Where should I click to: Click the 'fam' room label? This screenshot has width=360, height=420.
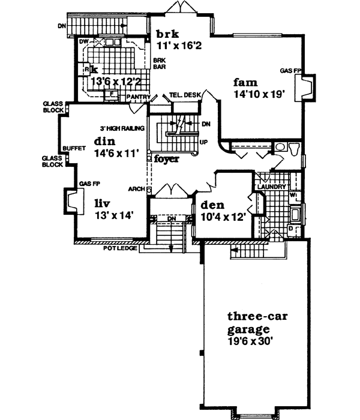tap(246, 82)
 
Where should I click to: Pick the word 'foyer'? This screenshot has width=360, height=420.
tap(166, 159)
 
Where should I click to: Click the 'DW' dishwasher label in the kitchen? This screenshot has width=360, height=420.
tap(84, 41)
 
